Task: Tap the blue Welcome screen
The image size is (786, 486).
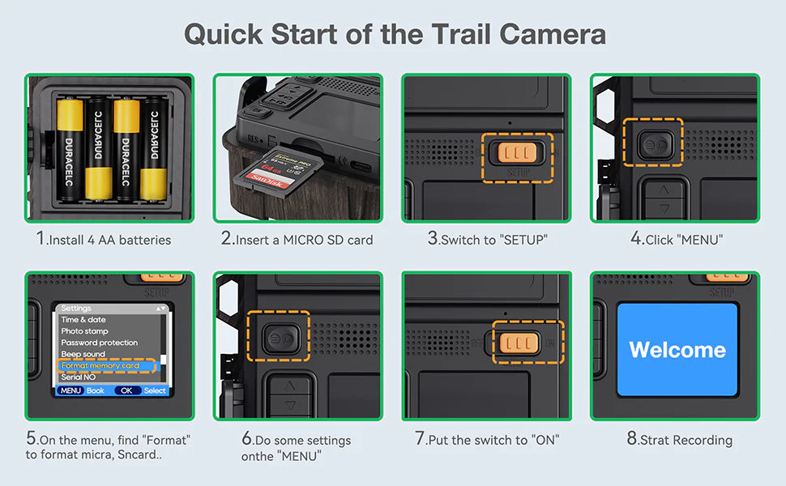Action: (677, 350)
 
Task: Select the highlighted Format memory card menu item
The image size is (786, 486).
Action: (100, 366)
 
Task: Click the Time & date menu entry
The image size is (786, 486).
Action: (83, 320)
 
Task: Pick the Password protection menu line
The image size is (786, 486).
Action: (100, 343)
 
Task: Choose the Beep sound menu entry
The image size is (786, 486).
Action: (83, 354)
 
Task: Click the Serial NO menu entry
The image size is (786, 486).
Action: (79, 377)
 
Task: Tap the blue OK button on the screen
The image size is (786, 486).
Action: (126, 390)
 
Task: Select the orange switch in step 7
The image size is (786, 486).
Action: (516, 343)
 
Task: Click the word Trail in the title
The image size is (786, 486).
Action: (453, 35)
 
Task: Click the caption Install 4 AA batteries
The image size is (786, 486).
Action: (104, 240)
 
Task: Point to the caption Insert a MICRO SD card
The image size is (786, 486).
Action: (297, 240)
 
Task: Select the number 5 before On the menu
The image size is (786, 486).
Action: (31, 439)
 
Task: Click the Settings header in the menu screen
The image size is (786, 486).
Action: (76, 309)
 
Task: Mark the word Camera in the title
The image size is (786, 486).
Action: (553, 35)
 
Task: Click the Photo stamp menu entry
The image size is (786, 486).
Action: (85, 331)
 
